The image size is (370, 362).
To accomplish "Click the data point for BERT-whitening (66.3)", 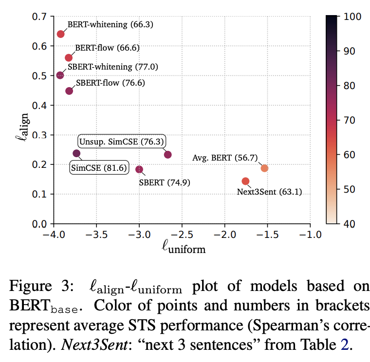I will [60, 34].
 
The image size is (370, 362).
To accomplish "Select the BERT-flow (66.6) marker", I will [69, 58].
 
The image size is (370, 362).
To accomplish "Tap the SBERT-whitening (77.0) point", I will [60, 75].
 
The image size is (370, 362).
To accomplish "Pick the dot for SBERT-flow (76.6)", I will [69, 91].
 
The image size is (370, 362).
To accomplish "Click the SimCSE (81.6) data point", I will [76, 153].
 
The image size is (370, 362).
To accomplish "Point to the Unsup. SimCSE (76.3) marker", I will [168, 155].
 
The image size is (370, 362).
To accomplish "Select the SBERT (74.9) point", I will [139, 169].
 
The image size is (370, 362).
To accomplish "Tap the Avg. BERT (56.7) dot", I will [264, 168].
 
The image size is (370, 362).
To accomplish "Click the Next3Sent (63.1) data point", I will [245, 181].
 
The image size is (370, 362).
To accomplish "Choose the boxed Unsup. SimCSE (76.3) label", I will [122, 142].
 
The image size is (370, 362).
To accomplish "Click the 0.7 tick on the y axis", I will [39, 17].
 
